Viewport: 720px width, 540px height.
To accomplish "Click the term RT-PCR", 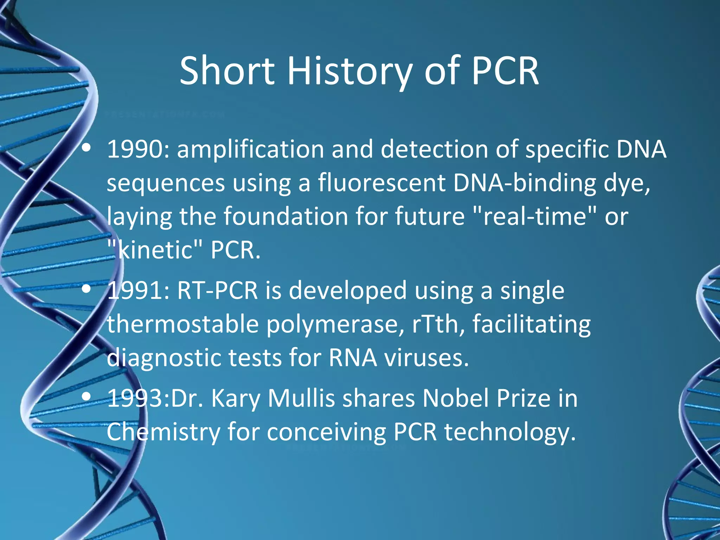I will tap(217, 291).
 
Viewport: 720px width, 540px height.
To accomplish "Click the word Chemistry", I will tap(163, 432).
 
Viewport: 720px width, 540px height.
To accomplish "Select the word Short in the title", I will tap(227, 71).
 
